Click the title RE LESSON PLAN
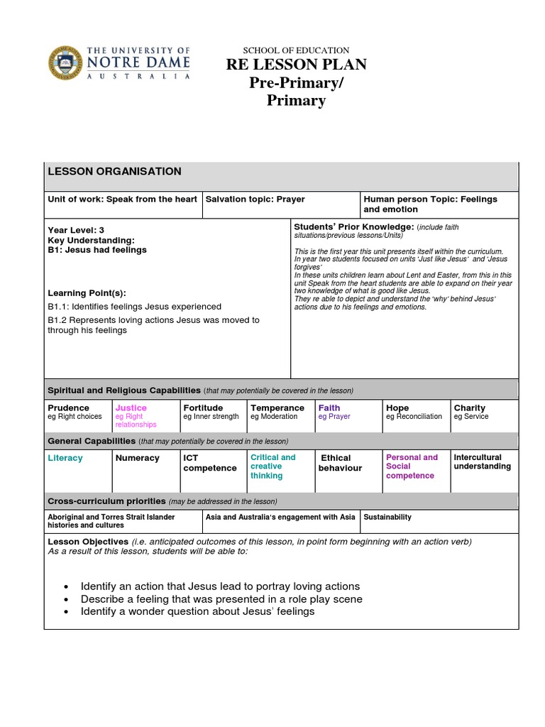click(296, 65)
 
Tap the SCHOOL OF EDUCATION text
click(296, 50)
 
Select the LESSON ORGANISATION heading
click(114, 172)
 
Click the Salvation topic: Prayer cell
click(255, 199)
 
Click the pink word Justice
click(131, 408)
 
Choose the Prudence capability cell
click(68, 408)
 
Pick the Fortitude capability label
click(203, 408)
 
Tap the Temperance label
click(277, 408)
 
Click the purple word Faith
click(329, 408)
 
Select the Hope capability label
click(397, 408)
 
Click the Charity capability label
click(470, 408)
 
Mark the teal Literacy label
click(65, 458)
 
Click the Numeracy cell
click(138, 458)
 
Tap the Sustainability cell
click(387, 517)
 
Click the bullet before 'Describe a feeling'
click(66, 599)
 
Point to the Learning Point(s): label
click(87, 293)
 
